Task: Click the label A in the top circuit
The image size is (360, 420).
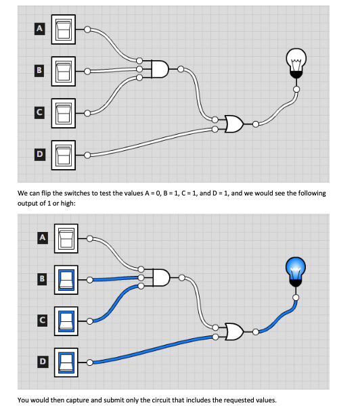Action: (40, 29)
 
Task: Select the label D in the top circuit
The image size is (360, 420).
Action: (40, 155)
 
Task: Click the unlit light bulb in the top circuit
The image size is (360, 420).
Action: (296, 62)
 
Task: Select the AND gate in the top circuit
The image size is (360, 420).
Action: (160, 69)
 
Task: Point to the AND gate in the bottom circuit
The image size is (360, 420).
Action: (160, 277)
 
